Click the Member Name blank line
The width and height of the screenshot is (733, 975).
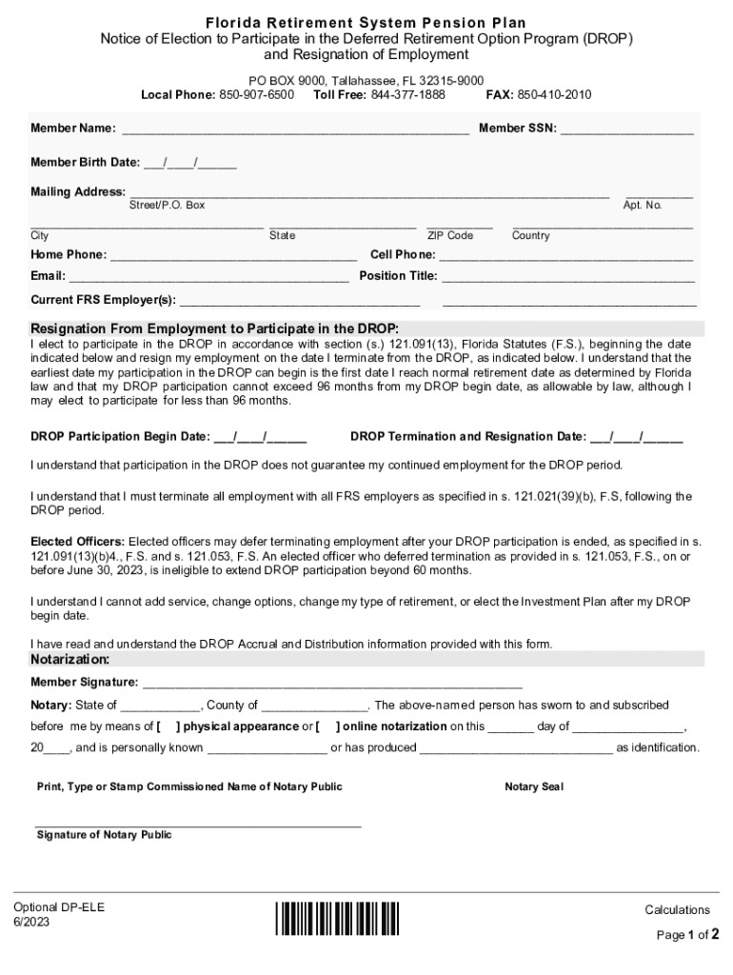(294, 129)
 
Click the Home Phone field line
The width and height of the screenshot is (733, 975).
(233, 255)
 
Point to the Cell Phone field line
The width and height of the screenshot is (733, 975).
(565, 255)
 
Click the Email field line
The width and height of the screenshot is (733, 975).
(208, 277)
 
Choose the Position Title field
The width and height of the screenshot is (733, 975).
(567, 277)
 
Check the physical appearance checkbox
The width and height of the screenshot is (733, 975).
(167, 726)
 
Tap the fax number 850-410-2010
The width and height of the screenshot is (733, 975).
(554, 95)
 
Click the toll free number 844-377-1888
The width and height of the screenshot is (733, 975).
(407, 95)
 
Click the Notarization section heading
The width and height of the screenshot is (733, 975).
(70, 660)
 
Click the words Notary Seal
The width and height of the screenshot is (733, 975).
(534, 787)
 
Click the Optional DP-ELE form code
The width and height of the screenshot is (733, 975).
(59, 907)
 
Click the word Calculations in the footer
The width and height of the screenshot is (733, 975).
(677, 910)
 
